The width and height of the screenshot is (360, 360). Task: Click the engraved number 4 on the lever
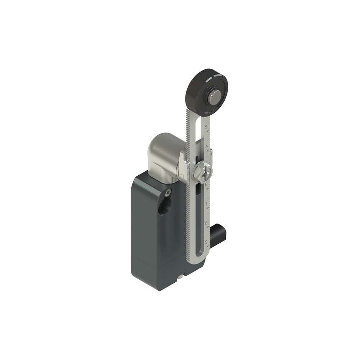206,147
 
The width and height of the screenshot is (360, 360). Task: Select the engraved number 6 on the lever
206,185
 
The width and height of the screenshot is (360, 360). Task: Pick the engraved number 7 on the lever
206,204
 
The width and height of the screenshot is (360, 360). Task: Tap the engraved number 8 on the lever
206,223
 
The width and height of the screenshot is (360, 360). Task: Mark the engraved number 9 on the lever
206,242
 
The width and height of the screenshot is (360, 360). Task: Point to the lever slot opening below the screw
198,216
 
